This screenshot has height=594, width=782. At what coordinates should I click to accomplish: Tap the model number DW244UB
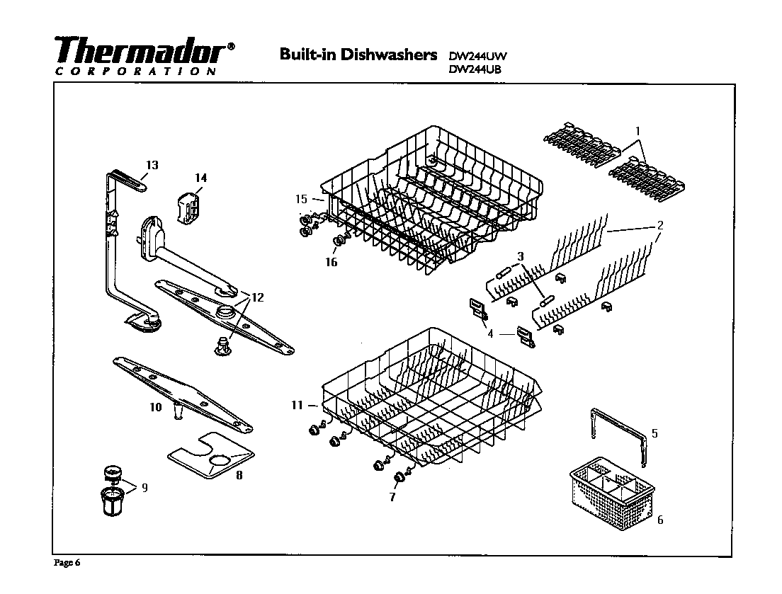478,69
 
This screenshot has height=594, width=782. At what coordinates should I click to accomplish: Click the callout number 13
152,165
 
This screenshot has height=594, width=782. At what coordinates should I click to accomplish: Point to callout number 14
200,178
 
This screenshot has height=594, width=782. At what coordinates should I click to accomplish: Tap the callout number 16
331,262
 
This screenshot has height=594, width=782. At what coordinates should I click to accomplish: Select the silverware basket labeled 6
608,491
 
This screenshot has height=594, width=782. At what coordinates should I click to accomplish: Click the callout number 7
392,497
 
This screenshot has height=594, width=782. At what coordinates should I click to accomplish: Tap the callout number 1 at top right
637,131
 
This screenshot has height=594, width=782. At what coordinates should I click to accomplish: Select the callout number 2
659,225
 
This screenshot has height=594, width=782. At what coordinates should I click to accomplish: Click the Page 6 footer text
69,564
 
